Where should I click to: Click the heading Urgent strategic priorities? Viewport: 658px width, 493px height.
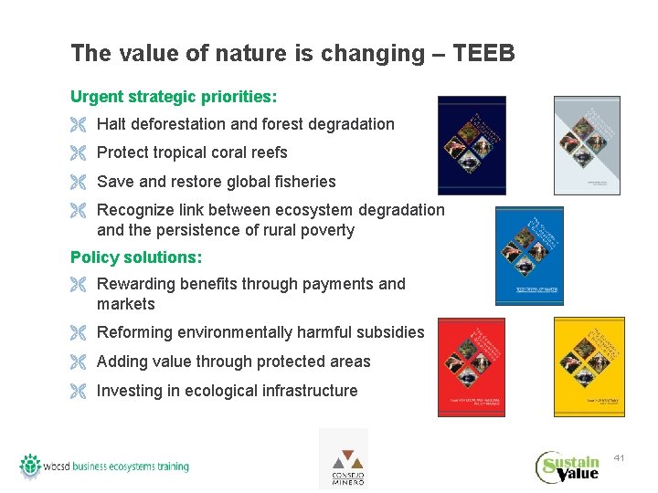(174, 96)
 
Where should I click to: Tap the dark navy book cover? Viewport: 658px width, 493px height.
(471, 145)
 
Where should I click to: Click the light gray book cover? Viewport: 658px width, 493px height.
(587, 145)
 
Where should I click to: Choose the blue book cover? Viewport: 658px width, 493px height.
(529, 256)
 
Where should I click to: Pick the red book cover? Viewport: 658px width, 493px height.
(471, 366)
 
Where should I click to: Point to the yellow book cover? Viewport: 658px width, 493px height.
(587, 366)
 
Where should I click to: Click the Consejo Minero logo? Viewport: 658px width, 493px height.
(343, 458)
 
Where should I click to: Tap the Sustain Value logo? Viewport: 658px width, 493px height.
(568, 467)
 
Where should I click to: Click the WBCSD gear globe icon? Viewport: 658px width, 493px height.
(31, 466)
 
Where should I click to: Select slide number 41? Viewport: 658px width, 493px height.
(620, 456)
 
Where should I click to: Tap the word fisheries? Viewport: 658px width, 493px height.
(302, 182)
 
